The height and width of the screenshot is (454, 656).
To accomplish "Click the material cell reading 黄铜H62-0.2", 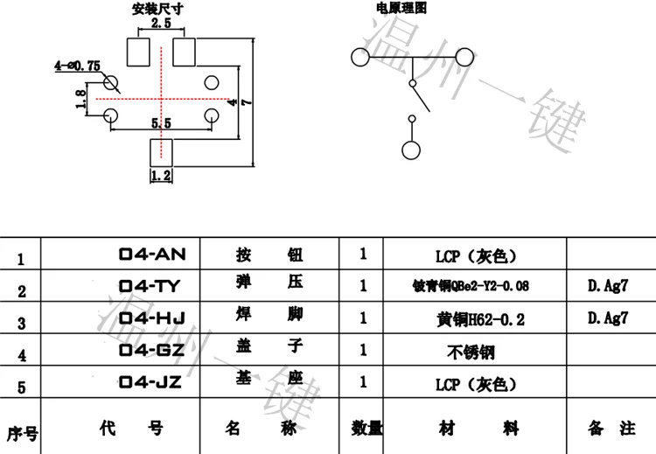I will (482, 319).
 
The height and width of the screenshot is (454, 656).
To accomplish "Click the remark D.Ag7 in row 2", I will (608, 285).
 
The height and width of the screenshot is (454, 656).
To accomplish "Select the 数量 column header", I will (367, 429).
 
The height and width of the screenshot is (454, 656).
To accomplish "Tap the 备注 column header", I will (609, 429).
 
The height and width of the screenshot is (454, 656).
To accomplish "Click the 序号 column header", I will (21, 432).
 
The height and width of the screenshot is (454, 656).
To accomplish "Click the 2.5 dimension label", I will (161, 24).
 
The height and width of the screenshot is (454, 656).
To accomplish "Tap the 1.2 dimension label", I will (161, 176).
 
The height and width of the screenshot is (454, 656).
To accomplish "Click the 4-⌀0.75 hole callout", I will (78, 66).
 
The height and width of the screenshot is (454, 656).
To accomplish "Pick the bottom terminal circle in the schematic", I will (409, 150).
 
